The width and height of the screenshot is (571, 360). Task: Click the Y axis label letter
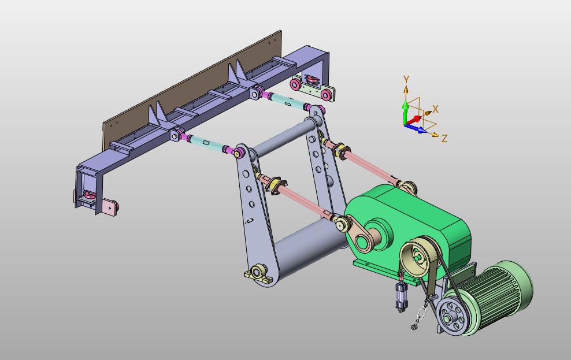(406, 79)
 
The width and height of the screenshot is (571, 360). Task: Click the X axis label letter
(435, 109)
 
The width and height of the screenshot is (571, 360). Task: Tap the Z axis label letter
(444, 138)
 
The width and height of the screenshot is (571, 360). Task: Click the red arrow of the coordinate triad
(414, 120)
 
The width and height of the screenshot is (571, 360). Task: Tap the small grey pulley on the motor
(451, 314)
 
